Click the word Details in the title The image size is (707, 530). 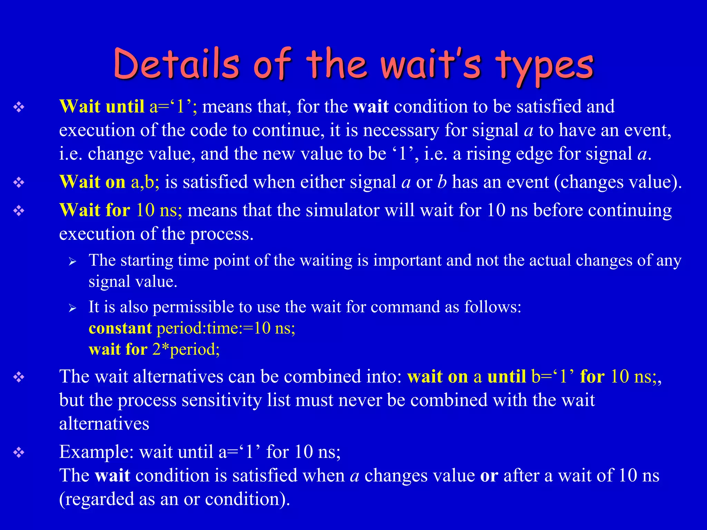tap(176, 64)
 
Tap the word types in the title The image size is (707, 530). tap(544, 66)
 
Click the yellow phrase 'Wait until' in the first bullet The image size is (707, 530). tap(102, 106)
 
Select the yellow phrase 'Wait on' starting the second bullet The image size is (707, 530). tap(92, 182)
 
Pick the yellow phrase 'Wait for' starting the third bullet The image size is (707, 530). tap(95, 210)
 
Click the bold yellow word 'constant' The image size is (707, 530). tap(120, 328)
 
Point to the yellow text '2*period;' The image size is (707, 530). tap(186, 349)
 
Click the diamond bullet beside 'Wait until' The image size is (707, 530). tap(19, 107)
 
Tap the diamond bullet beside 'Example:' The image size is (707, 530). tap(19, 452)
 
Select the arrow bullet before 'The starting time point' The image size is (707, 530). tap(72, 261)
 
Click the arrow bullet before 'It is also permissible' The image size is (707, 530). tap(72, 308)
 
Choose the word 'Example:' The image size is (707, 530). tap(96, 452)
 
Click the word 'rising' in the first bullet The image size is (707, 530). tap(488, 154)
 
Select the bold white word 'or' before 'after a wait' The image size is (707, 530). tap(489, 475)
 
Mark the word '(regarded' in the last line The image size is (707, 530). tap(96, 499)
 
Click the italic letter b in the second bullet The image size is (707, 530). tap(442, 182)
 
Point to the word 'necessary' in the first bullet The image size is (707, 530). tap(401, 130)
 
